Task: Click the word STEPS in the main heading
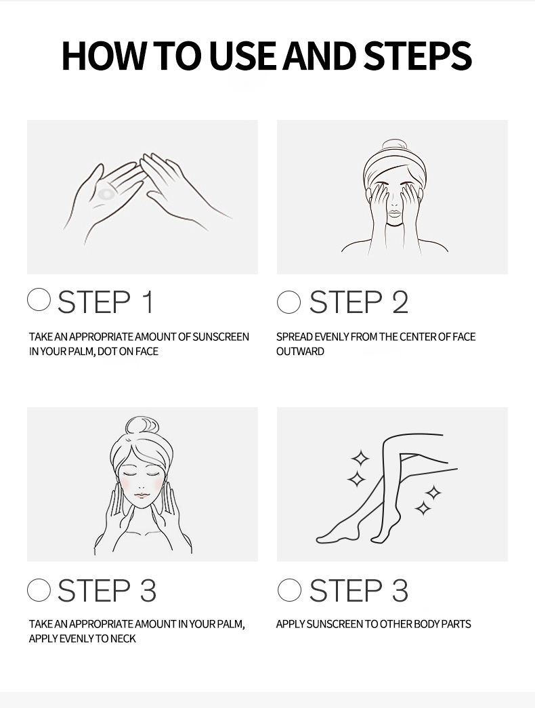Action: (418, 56)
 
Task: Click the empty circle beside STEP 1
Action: (39, 300)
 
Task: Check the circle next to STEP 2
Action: (288, 302)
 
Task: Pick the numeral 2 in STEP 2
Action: (400, 302)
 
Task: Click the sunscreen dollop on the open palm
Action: (106, 194)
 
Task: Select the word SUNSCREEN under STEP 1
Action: (221, 337)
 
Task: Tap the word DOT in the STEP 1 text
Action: (108, 352)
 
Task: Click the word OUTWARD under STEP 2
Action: (300, 352)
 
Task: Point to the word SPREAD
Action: (295, 337)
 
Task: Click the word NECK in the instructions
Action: (123, 638)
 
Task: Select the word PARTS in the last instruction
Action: (456, 624)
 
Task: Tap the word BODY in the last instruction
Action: (427, 624)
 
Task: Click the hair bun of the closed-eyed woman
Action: (142, 426)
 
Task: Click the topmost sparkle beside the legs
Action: (360, 458)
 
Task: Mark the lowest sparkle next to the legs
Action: (423, 508)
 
